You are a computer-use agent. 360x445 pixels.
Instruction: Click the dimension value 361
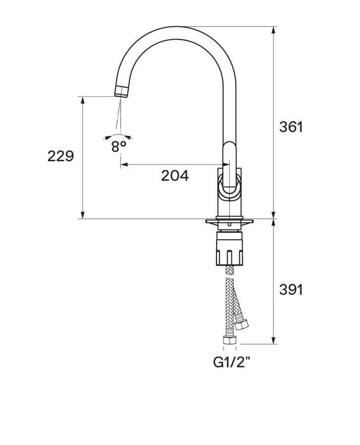point(291,127)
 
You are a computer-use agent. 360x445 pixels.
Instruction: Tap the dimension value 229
point(60,156)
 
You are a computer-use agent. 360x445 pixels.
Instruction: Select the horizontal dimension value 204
point(175,176)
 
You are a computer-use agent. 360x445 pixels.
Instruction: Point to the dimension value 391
point(291,290)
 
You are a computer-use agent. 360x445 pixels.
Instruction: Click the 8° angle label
point(119,146)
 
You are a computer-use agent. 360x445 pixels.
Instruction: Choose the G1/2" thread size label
point(232,362)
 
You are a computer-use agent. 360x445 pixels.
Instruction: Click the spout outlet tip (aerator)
point(122,91)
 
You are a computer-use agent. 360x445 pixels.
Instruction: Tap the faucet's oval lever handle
point(228,168)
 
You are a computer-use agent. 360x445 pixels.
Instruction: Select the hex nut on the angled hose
point(242,324)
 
